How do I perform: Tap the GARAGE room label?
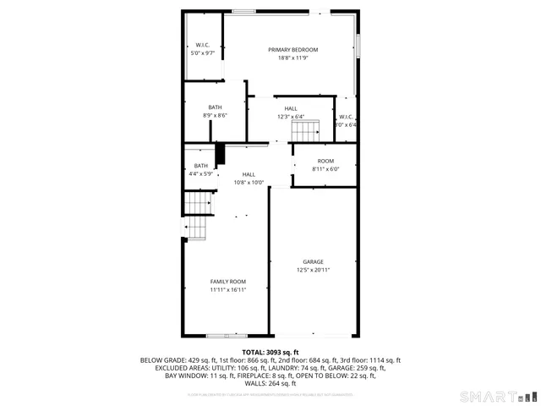(313, 262)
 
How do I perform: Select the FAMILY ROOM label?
(228, 282)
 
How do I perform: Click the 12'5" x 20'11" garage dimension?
(313, 271)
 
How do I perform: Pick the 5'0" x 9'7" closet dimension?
(203, 53)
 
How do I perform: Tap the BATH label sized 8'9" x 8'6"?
(216, 107)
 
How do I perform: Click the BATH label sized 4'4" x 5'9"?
(201, 166)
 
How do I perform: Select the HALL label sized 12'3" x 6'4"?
(291, 109)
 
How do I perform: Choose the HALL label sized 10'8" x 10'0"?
(249, 174)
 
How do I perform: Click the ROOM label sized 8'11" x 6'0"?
(325, 161)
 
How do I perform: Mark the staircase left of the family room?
(197, 216)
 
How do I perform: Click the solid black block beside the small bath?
(221, 155)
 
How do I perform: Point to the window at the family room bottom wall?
(227, 336)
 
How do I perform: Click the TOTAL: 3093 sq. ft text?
(270, 352)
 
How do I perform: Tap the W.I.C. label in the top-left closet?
(203, 45)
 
